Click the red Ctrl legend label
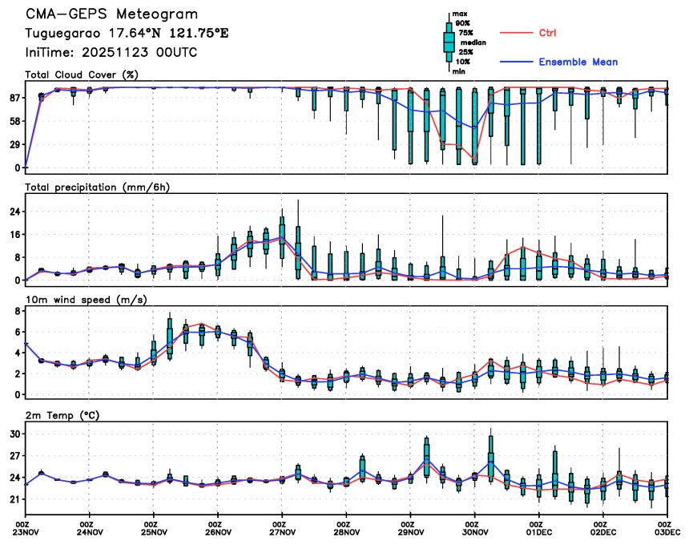(547, 33)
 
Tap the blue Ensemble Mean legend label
(578, 62)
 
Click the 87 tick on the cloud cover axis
(14, 98)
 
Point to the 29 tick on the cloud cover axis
(14, 144)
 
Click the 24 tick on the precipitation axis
(14, 212)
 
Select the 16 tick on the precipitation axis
(14, 235)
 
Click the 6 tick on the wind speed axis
(17, 331)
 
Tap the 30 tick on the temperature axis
(14, 434)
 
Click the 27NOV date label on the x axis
(282, 531)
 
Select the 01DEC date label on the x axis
(539, 531)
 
